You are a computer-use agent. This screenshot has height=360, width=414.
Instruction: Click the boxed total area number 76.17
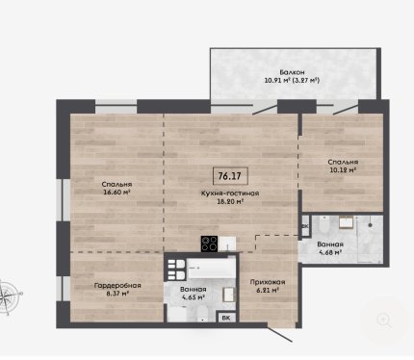pyautogui.click(x=230, y=176)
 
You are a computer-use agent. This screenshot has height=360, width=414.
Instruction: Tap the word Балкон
pyautogui.click(x=292, y=72)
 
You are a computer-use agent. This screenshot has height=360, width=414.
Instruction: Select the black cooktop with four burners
pyautogui.click(x=209, y=244)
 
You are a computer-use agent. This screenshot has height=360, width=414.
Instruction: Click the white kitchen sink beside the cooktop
pyautogui.click(x=227, y=244)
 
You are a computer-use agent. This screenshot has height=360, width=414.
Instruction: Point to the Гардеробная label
pyautogui.click(x=117, y=285)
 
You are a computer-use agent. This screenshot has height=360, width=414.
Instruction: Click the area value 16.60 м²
pyautogui.click(x=117, y=193)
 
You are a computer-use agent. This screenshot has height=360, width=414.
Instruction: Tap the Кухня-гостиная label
pyautogui.click(x=230, y=193)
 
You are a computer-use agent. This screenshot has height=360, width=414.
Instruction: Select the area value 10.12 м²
pyautogui.click(x=343, y=169)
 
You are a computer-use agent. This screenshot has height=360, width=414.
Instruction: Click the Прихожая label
pyautogui.click(x=268, y=282)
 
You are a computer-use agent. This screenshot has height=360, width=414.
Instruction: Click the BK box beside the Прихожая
pyautogui.click(x=226, y=318)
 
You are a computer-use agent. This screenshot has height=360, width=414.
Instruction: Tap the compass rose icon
pyautogui.click(x=8, y=296)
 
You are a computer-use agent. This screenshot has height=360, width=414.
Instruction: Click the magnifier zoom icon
pyautogui.click(x=384, y=321)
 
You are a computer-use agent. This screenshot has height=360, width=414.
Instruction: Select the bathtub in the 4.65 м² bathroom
pyautogui.click(x=211, y=269)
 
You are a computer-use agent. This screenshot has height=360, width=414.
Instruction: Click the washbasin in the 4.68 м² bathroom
pyautogui.click(x=347, y=222)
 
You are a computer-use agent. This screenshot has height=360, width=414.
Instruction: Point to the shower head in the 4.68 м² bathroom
pyautogui.click(x=371, y=225)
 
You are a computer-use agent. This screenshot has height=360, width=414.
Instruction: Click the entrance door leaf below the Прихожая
pyautogui.click(x=280, y=335)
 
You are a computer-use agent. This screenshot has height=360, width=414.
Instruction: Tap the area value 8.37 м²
pyautogui.click(x=117, y=293)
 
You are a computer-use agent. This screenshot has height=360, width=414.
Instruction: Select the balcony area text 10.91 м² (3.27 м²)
pyautogui.click(x=292, y=80)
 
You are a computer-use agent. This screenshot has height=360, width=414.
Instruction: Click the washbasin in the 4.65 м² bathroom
pyautogui.click(x=229, y=295)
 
